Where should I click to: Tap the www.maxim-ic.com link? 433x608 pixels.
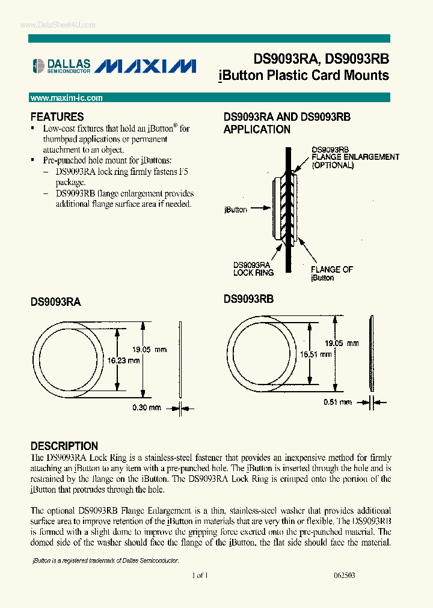(x=66, y=98)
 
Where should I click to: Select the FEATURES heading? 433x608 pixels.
(x=57, y=117)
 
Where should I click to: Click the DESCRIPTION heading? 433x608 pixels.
(x=64, y=446)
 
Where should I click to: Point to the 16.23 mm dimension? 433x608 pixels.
(x=124, y=360)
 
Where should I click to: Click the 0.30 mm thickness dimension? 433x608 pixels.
(x=147, y=408)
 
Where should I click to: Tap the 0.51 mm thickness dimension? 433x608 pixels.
(x=337, y=402)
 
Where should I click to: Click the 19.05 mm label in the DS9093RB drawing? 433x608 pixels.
(x=342, y=343)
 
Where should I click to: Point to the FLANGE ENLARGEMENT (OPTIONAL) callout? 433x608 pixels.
(x=355, y=157)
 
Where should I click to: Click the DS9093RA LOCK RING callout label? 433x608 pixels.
(x=253, y=268)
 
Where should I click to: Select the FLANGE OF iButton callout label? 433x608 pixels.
(x=331, y=273)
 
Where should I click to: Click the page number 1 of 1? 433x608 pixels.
(x=200, y=575)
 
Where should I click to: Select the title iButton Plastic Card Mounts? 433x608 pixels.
(x=303, y=76)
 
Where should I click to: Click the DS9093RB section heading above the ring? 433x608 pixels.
(x=248, y=299)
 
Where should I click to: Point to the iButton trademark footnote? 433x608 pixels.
(x=105, y=560)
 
